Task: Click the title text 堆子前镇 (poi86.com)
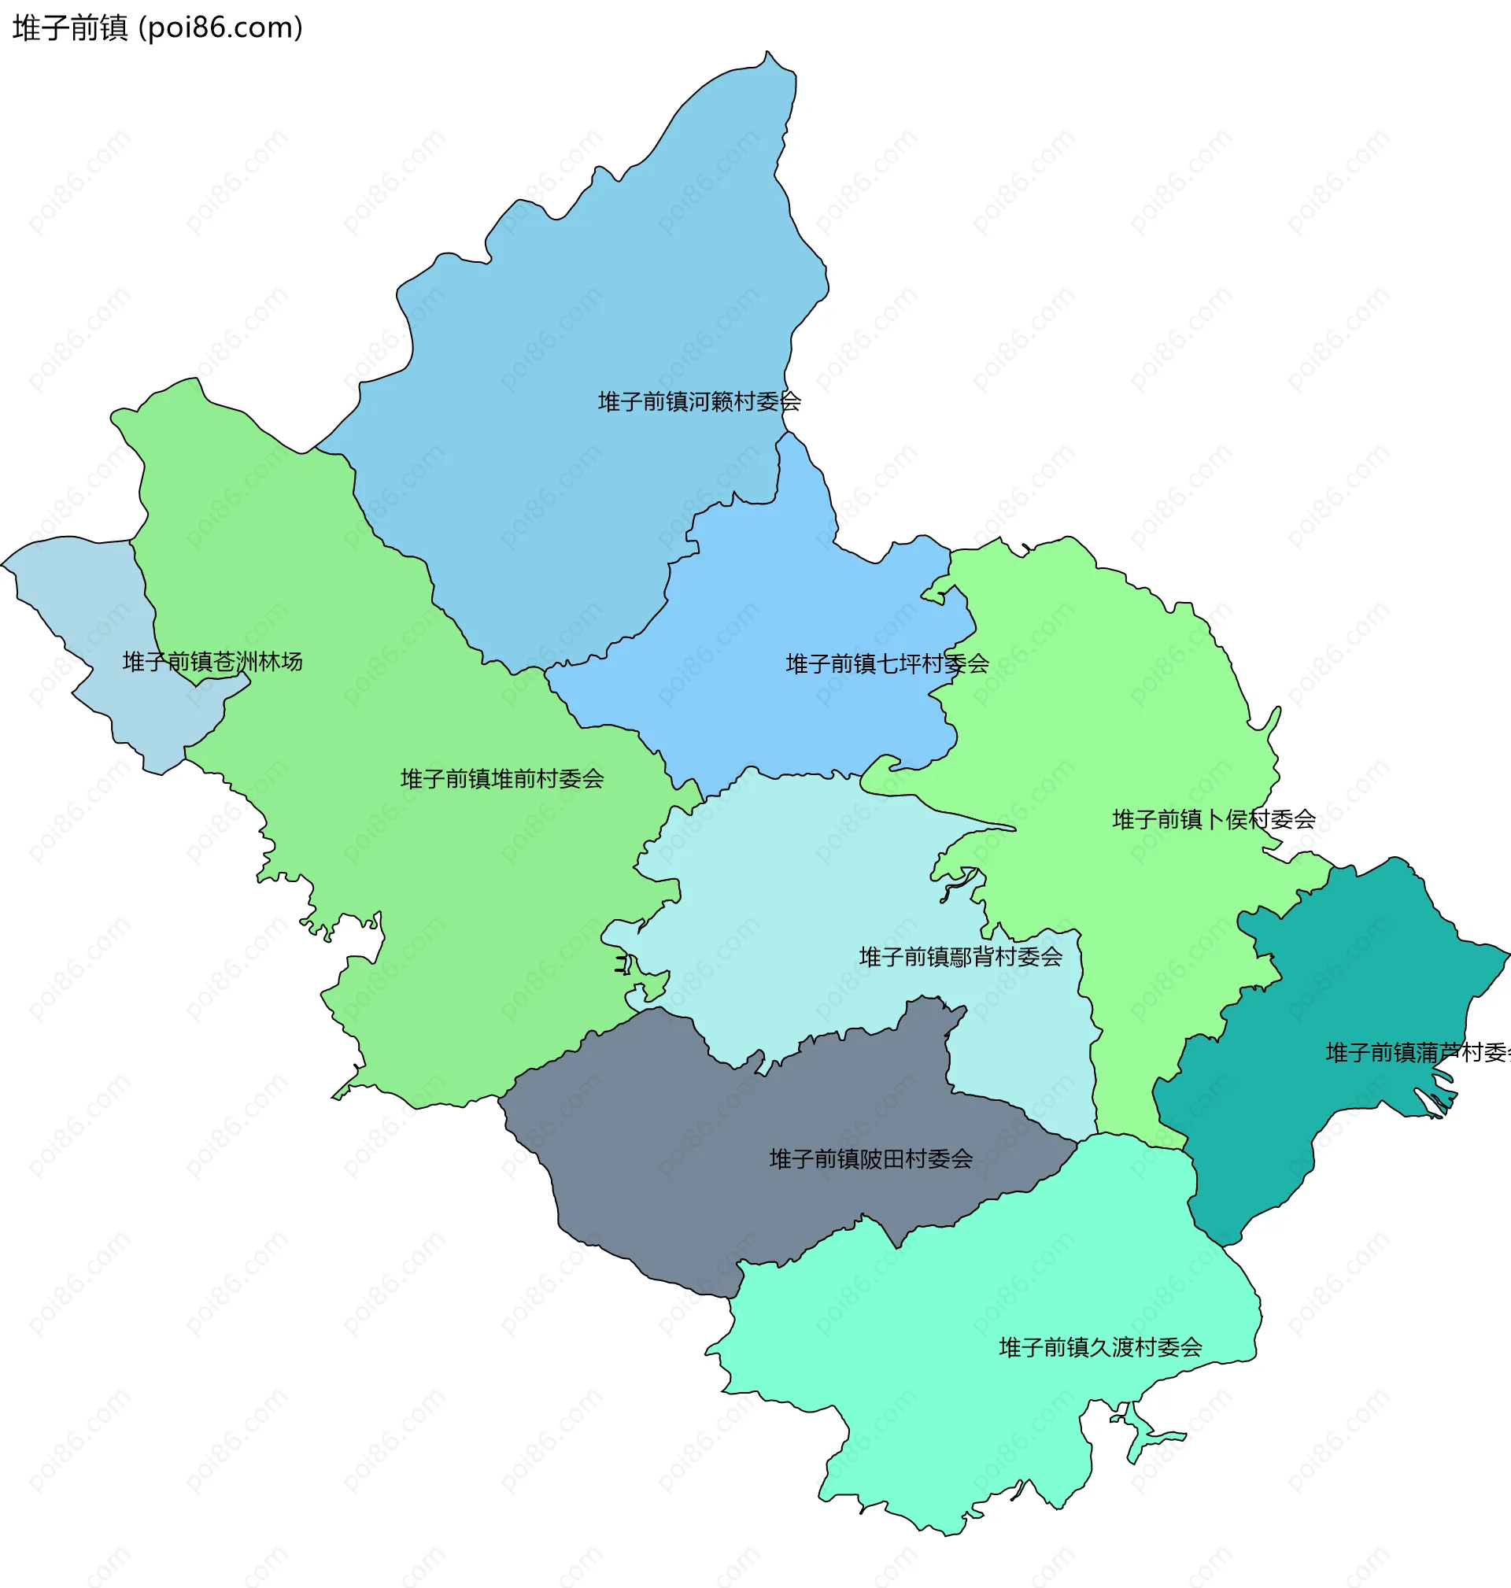tap(158, 28)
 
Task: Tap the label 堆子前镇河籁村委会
tap(698, 401)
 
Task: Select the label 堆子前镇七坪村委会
tap(887, 663)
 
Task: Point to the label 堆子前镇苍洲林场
tap(212, 661)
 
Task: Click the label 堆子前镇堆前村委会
tap(502, 778)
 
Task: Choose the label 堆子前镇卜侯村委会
tap(1213, 819)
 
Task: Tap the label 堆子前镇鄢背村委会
tap(960, 957)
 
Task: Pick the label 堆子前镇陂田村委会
tap(870, 1159)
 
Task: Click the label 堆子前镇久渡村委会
tap(1100, 1347)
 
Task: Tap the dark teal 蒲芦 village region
tap(1369, 966)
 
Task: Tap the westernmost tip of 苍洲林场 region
tap(2, 565)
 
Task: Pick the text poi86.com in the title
tap(220, 28)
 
